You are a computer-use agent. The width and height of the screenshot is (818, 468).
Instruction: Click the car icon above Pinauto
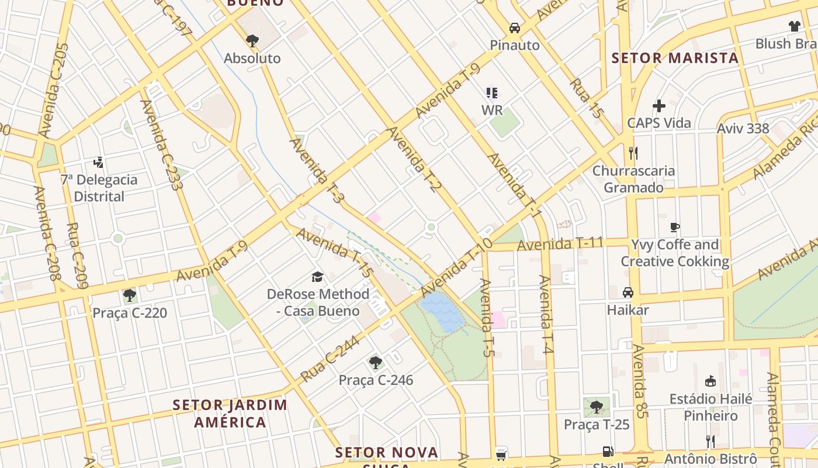pyautogui.click(x=514, y=28)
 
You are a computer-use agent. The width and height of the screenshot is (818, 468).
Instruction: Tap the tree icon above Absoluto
pyautogui.click(x=252, y=41)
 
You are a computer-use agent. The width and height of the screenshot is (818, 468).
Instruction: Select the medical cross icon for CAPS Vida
pyautogui.click(x=659, y=106)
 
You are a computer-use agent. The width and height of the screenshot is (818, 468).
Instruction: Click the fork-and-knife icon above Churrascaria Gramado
pyautogui.click(x=633, y=153)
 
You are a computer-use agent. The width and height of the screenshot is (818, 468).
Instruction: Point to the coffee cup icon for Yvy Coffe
pyautogui.click(x=675, y=227)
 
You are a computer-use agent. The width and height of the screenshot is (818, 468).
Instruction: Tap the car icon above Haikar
pyautogui.click(x=628, y=292)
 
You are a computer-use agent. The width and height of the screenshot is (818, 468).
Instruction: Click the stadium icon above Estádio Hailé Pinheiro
pyautogui.click(x=710, y=381)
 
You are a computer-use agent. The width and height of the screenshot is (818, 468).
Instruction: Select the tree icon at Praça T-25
pyautogui.click(x=596, y=407)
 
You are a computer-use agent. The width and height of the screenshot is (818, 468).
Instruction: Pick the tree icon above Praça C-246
pyautogui.click(x=376, y=363)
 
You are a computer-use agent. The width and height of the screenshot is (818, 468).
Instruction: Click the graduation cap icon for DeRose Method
pyautogui.click(x=317, y=277)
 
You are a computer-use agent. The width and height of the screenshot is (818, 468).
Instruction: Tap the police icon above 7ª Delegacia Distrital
pyautogui.click(x=99, y=162)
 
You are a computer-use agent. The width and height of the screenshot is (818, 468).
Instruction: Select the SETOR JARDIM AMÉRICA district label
pyautogui.click(x=230, y=413)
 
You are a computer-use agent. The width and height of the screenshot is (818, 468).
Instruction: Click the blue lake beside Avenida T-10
pyautogui.click(x=442, y=311)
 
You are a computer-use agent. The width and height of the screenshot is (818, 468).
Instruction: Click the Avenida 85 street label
pyautogui.click(x=640, y=381)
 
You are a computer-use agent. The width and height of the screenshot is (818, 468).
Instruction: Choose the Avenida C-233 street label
pyautogui.click(x=161, y=144)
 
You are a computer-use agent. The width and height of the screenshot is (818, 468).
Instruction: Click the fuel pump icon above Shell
pyautogui.click(x=608, y=452)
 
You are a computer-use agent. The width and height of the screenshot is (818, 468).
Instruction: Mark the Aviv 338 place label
pyautogui.click(x=743, y=129)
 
